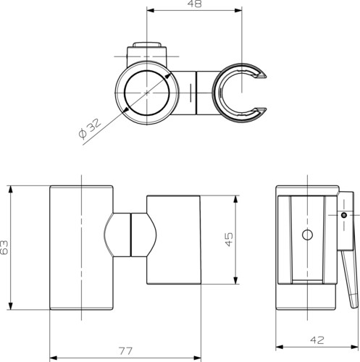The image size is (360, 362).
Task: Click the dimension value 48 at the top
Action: coord(195,4)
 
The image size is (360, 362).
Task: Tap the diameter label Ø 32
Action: coord(90,129)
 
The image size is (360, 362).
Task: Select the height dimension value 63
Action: coord(4,248)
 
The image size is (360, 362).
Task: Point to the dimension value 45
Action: coord(229,239)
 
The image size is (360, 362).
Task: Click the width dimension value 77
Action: coord(126,351)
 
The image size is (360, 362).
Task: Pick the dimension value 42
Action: coord(317,340)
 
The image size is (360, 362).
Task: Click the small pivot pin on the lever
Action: coord(344,215)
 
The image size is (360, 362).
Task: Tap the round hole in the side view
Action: coord(307,235)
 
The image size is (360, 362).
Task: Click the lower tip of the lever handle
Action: coord(355,306)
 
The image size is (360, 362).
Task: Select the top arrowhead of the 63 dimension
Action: coord(10,190)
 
